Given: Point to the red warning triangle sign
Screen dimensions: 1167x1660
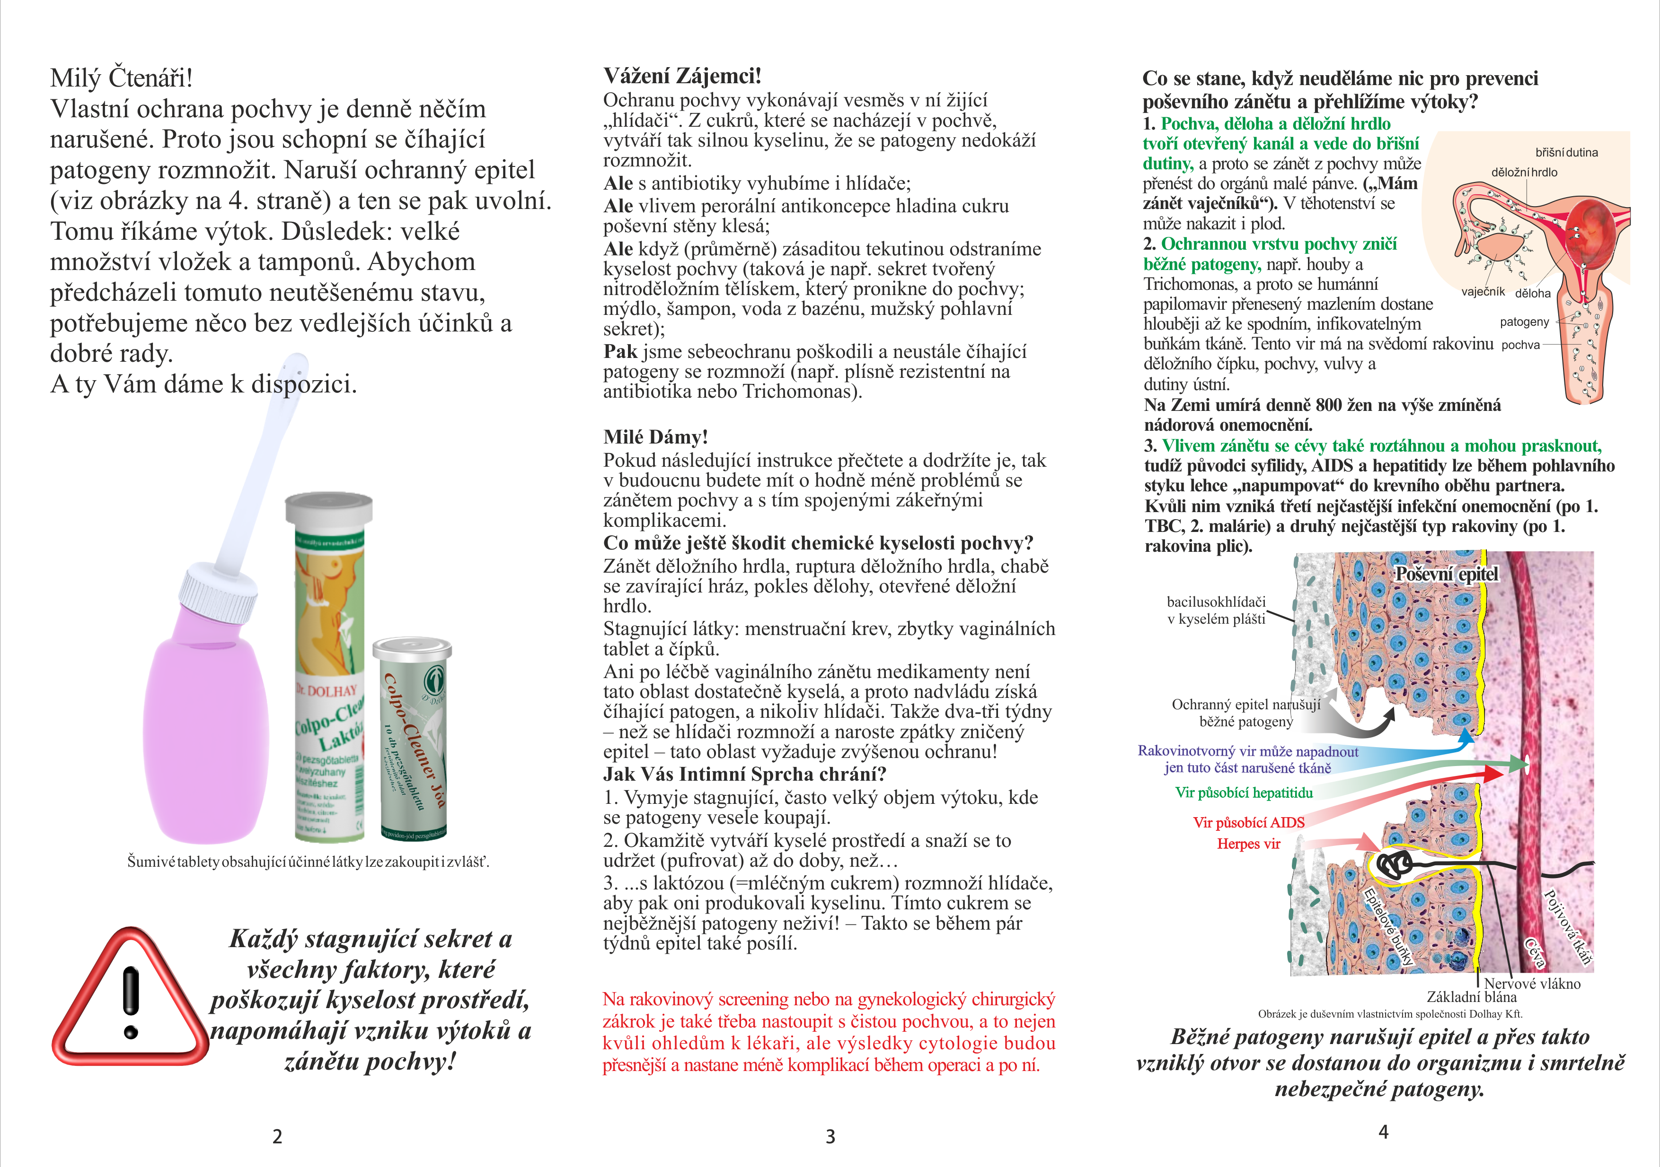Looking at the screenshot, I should (x=130, y=1001).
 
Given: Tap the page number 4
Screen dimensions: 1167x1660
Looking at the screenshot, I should (x=1383, y=1132).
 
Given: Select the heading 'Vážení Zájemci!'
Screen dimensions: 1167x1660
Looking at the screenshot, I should (x=682, y=76).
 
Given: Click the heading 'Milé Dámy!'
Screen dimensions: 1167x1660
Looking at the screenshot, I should (x=655, y=437).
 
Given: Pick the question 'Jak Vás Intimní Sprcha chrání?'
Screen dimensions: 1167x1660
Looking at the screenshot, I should (x=745, y=775).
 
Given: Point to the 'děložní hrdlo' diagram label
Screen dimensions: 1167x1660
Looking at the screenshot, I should (x=1524, y=173).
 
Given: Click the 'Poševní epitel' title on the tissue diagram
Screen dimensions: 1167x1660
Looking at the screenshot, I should (x=1447, y=575).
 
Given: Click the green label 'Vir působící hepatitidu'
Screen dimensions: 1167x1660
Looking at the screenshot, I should (x=1244, y=793).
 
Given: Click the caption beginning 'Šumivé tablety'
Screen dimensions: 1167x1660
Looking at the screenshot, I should (x=308, y=862).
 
